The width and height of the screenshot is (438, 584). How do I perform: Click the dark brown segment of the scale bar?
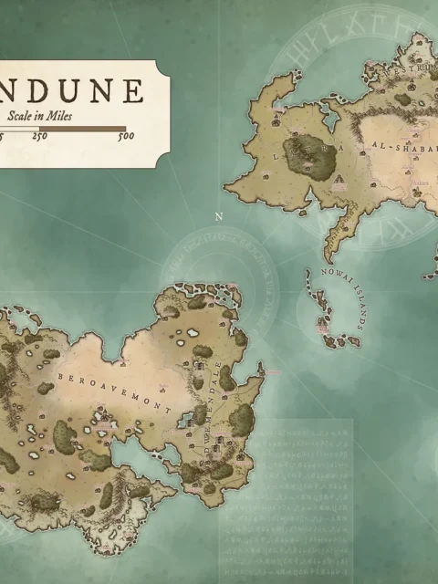click(83, 129)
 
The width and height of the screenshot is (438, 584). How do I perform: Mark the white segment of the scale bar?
click(18, 129)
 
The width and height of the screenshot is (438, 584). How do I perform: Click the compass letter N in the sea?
click(218, 216)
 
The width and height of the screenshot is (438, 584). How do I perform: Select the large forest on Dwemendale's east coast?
click(241, 420)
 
